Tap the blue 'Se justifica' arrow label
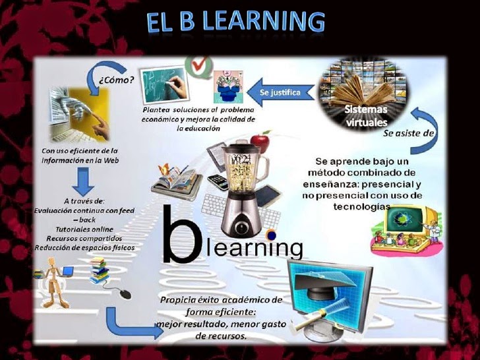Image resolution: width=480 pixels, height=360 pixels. pyautogui.click(x=280, y=92)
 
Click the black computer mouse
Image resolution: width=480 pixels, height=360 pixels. pyautogui.click(x=122, y=293)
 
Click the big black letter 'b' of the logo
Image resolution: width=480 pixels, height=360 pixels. pyautogui.click(x=180, y=233)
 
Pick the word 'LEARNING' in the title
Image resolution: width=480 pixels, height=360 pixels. pyautogui.click(x=263, y=22)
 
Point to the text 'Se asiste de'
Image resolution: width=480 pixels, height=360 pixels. pyautogui.click(x=409, y=132)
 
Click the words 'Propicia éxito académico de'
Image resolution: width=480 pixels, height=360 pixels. pyautogui.click(x=221, y=300)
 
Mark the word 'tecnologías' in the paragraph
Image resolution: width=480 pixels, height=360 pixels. pyautogui.click(x=362, y=206)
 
